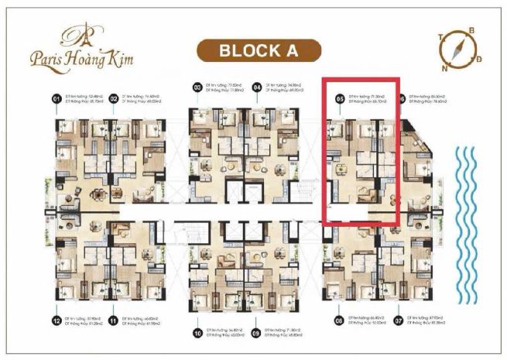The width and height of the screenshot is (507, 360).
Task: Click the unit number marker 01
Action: click(56, 99)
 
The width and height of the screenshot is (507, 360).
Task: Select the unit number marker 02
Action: click(113, 99)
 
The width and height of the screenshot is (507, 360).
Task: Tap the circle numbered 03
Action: click(197, 87)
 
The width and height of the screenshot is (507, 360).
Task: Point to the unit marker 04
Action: click(256, 87)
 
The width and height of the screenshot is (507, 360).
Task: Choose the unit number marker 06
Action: click(403, 99)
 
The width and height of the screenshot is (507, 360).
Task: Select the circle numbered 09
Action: click(256, 333)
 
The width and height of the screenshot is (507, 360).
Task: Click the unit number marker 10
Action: click(197, 333)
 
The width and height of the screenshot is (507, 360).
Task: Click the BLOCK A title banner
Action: click(258, 51)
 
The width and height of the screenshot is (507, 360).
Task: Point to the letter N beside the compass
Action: click(444, 67)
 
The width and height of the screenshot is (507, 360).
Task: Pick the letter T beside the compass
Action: click(440, 36)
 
